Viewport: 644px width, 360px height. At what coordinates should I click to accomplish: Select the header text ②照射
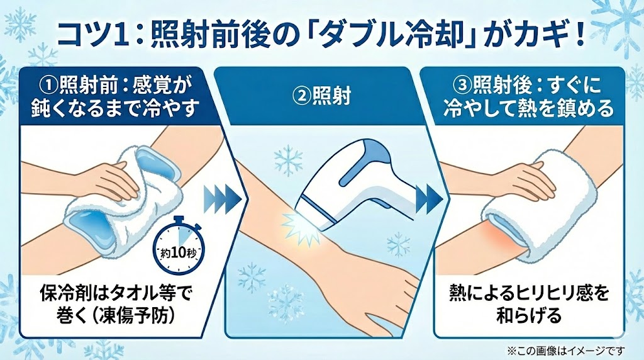(x=321, y=96)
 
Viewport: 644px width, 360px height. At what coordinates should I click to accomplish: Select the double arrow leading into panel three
(x=428, y=196)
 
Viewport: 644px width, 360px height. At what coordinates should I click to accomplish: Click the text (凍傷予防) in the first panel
(x=131, y=316)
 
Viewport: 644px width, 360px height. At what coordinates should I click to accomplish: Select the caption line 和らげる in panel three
(x=528, y=316)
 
